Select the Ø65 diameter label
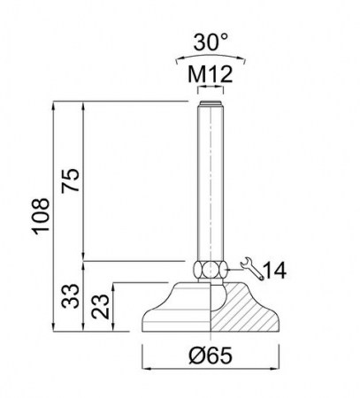click(211, 356)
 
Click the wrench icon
click(249, 267)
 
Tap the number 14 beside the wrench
click(277, 269)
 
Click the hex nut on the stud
click(210, 268)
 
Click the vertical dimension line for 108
click(55, 216)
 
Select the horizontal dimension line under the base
click(210, 367)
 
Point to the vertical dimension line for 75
click(84, 181)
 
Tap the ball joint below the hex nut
click(211, 282)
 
